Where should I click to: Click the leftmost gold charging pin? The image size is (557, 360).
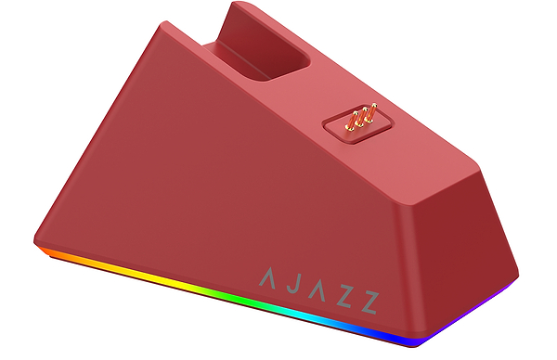352,119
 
